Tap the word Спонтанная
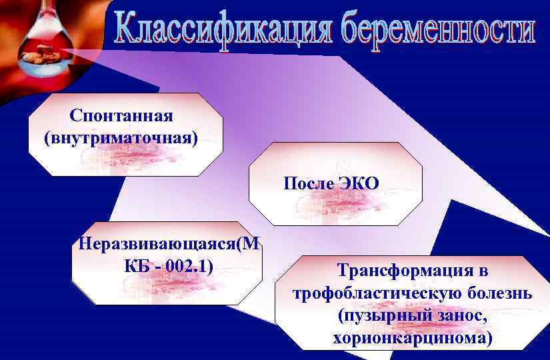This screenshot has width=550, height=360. click(121, 115)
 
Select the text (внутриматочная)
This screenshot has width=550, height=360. click(121, 138)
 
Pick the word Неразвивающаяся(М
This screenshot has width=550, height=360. click(167, 243)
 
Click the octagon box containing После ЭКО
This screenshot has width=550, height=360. click(335, 183)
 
